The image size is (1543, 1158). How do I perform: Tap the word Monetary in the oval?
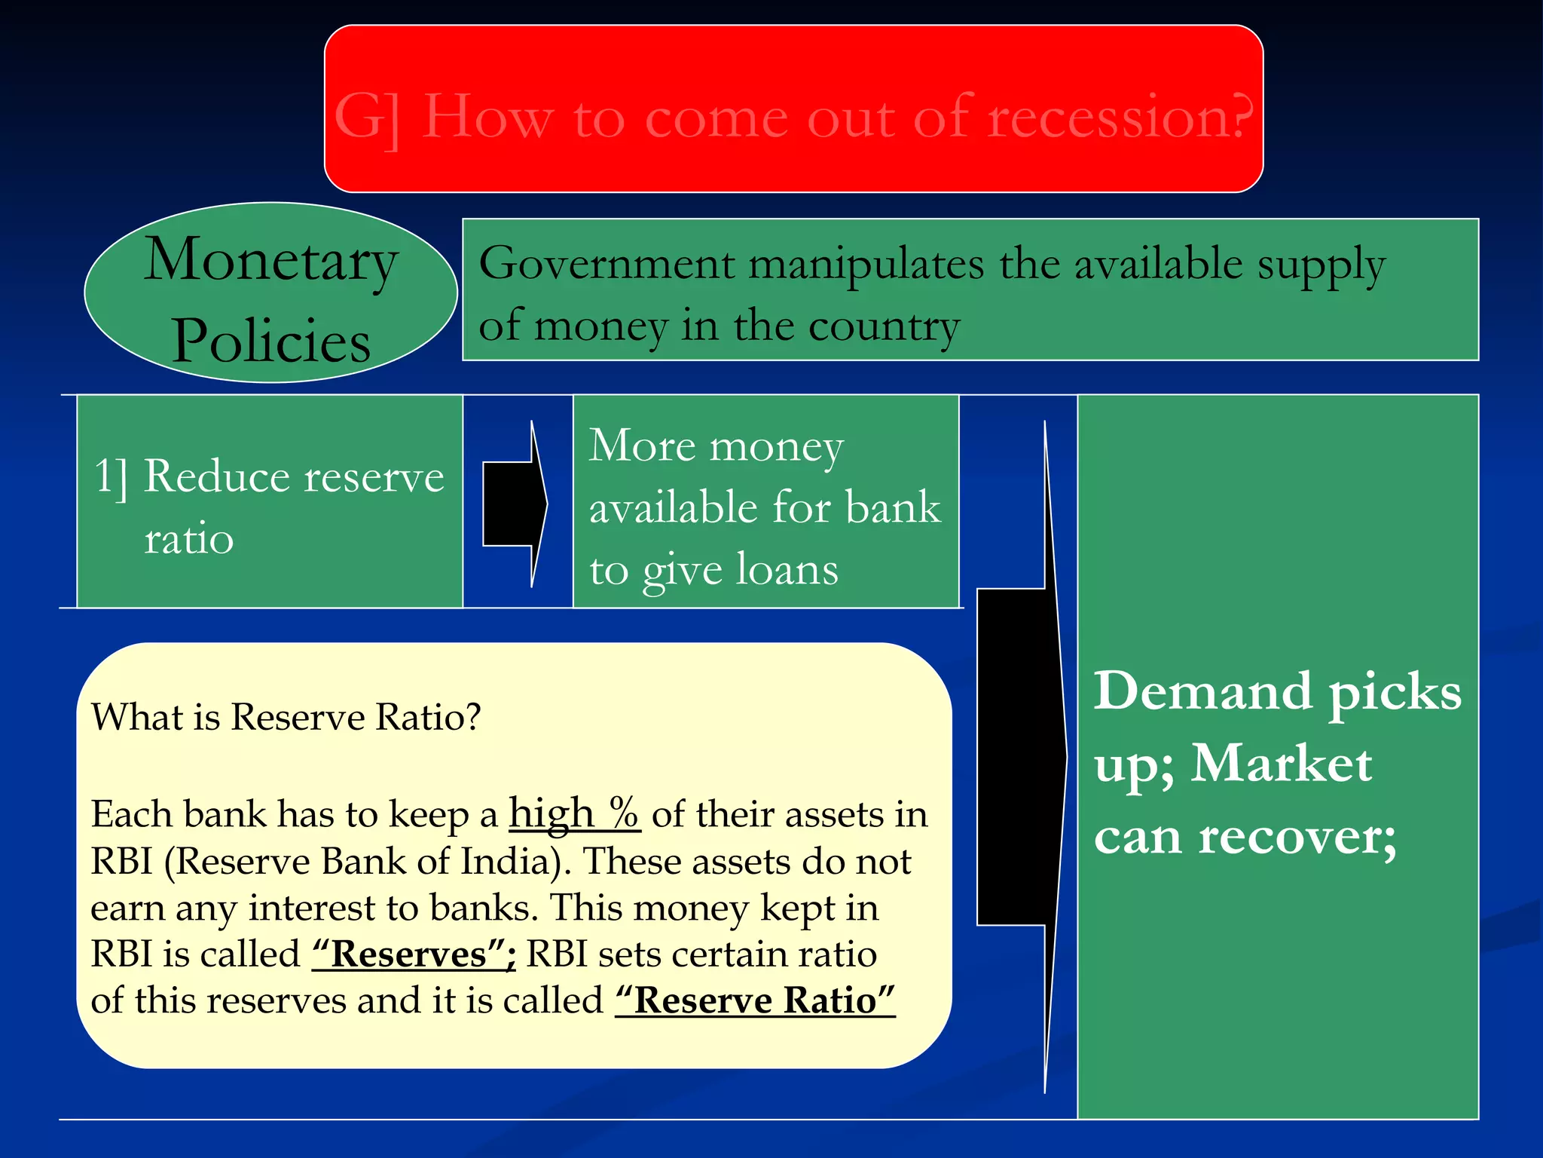[x=270, y=261]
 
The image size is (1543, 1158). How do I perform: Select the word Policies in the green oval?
[x=271, y=341]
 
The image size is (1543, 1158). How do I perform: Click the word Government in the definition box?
[x=607, y=265]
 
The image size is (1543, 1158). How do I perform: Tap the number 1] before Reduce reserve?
[x=111, y=476]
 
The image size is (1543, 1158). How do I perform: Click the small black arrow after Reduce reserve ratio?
[x=515, y=504]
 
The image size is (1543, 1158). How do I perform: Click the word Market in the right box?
[x=1282, y=764]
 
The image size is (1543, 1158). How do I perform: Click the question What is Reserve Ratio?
[x=286, y=716]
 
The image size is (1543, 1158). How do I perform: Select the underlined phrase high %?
[x=574, y=814]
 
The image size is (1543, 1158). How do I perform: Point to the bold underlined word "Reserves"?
[x=414, y=954]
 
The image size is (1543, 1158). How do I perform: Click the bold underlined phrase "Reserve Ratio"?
[x=755, y=1001]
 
